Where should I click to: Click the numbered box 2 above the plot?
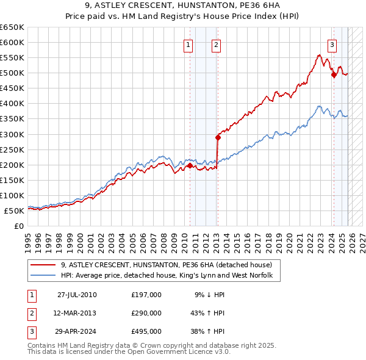coord(217,44)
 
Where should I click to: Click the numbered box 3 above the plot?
coord(332,44)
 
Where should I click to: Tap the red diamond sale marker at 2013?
coord(218,137)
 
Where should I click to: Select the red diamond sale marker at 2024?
coord(334,75)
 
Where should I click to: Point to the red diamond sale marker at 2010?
coord(190,165)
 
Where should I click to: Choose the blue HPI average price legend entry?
coord(170,276)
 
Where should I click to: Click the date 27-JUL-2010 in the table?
coord(77,295)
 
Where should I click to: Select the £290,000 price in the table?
coord(146,313)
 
